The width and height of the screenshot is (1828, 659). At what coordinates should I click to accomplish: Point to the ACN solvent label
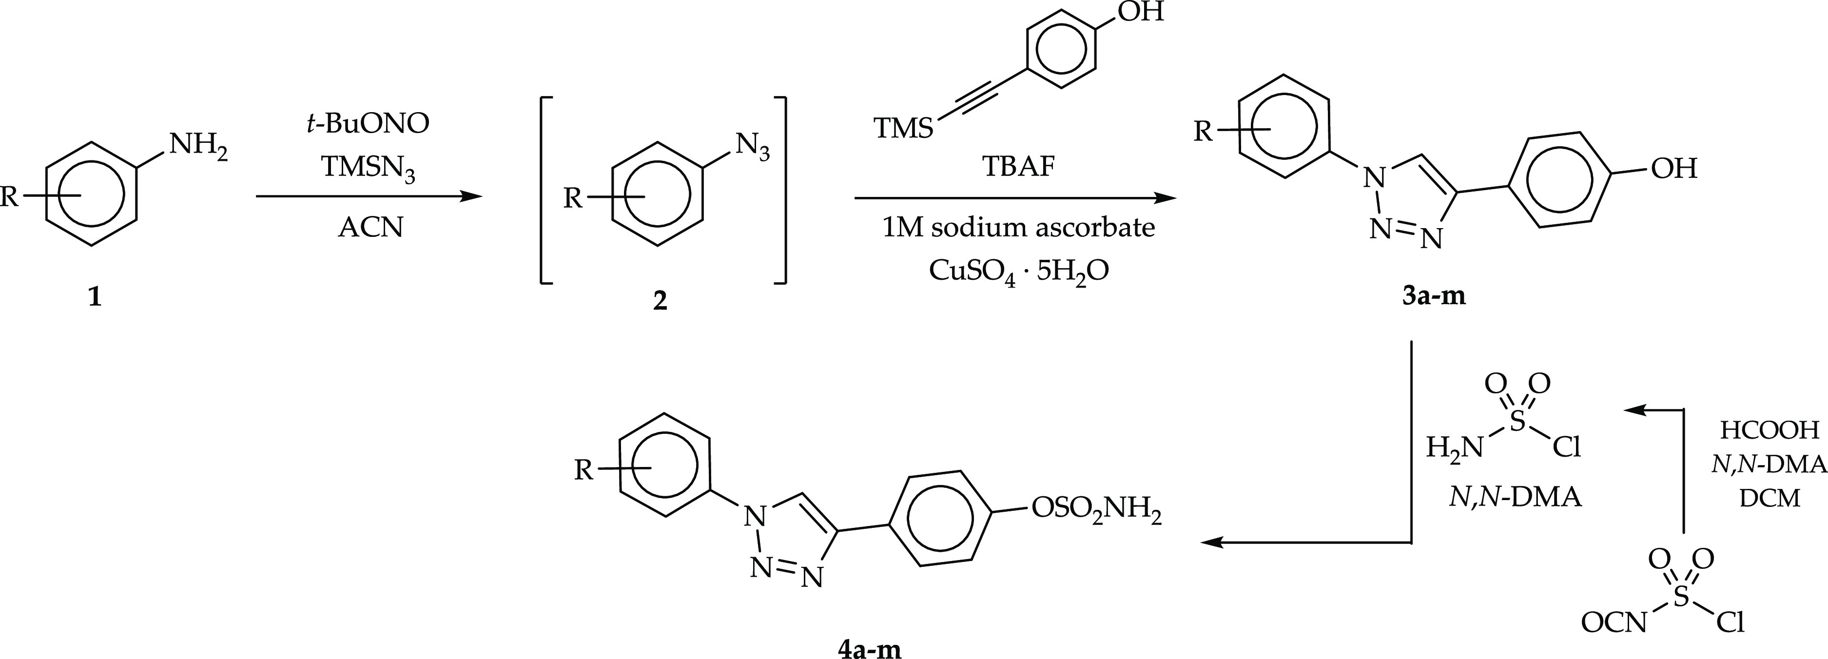coord(370,228)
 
